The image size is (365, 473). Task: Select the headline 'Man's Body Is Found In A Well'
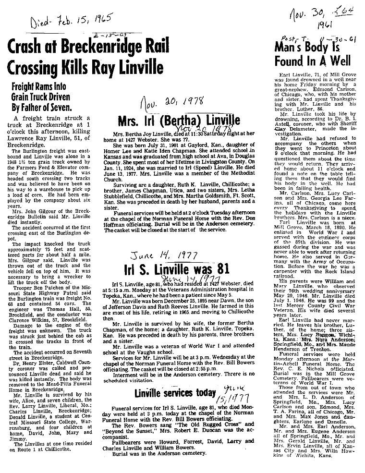307,54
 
